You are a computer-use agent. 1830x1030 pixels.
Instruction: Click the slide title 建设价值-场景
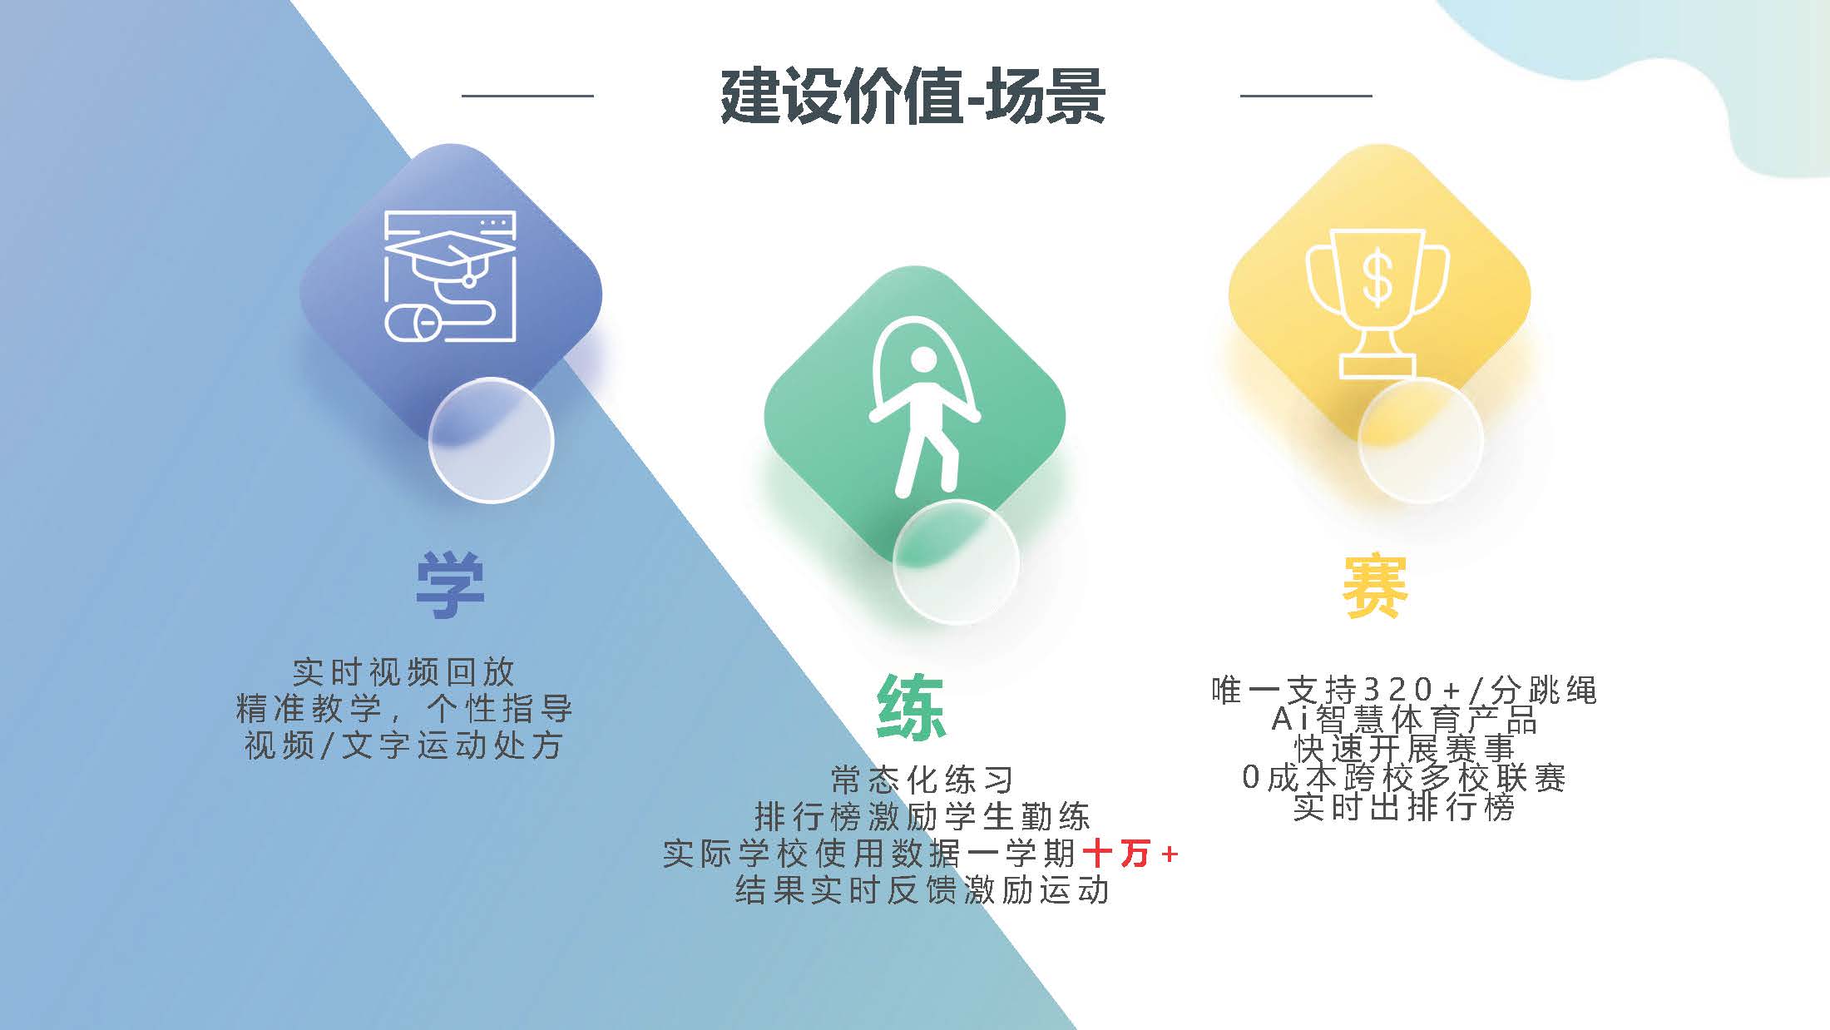tap(913, 97)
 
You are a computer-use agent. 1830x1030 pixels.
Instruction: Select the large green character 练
tap(912, 707)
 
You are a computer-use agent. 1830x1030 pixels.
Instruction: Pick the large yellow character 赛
tap(1375, 586)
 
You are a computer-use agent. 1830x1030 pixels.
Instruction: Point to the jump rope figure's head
tap(922, 361)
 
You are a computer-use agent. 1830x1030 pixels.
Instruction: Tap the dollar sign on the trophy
tap(1377, 279)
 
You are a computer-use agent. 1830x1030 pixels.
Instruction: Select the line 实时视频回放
tap(404, 672)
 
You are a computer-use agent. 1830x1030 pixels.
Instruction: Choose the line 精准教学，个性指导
tap(404, 709)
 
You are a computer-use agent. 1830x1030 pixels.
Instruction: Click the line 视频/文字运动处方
tap(404, 745)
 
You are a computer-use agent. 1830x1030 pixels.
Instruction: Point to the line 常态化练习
tap(922, 780)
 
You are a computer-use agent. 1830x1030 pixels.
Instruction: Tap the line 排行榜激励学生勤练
tap(922, 817)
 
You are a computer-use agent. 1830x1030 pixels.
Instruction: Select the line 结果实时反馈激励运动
tap(922, 890)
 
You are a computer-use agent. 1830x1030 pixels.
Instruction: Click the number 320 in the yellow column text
tap(1398, 690)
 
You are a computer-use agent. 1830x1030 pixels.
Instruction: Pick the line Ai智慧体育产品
tap(1404, 719)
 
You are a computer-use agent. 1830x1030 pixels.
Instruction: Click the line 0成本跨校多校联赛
tap(1404, 778)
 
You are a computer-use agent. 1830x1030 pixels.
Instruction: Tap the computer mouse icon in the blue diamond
tap(409, 323)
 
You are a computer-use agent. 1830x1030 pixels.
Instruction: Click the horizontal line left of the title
tap(527, 96)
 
